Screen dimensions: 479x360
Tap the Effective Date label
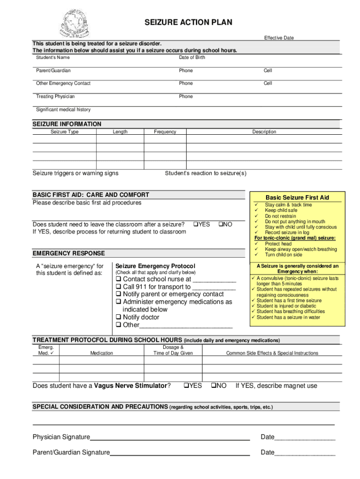pyautogui.click(x=279, y=38)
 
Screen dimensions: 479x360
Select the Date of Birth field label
pyautogui.click(x=192, y=58)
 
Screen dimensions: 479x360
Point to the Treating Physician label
pyautogui.click(x=55, y=96)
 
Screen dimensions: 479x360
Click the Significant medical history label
pyautogui.click(x=63, y=109)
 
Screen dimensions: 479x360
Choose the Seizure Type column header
pyautogui.click(x=65, y=132)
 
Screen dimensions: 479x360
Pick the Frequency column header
pyautogui.click(x=165, y=132)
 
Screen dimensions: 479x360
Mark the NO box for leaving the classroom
pyautogui.click(x=221, y=225)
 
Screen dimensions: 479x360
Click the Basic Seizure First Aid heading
pyautogui.click(x=297, y=197)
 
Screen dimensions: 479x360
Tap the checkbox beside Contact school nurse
pyautogui.click(x=118, y=279)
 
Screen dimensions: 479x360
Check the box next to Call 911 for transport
pyautogui.click(x=118, y=287)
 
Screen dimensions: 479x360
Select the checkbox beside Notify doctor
pyautogui.click(x=118, y=317)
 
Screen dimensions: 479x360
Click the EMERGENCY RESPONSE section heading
pyautogui.click(x=69, y=254)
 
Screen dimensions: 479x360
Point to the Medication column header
pyautogui.click(x=101, y=353)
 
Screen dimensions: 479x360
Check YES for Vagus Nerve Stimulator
pyautogui.click(x=186, y=386)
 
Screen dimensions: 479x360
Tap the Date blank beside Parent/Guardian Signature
pyautogui.click(x=305, y=453)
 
